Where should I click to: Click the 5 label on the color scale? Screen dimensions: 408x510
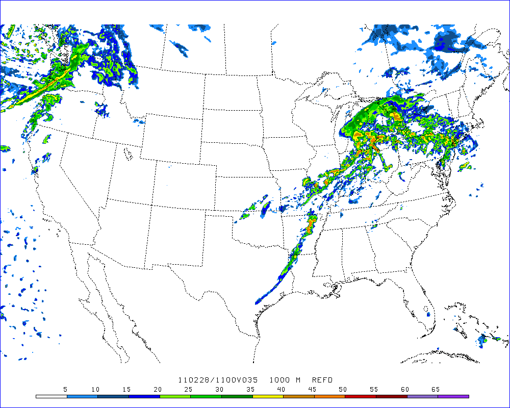(65, 389)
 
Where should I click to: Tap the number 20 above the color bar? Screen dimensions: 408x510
(158, 389)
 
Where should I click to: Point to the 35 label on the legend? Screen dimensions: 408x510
(250, 389)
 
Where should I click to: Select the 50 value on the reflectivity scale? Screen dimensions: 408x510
(343, 389)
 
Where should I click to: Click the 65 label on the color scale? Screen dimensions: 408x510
(435, 389)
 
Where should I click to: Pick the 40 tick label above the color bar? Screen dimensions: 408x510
(281, 389)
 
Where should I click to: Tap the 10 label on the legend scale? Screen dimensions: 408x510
(95, 389)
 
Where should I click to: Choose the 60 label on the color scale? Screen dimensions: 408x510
(404, 389)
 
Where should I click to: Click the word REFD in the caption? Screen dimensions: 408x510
(322, 380)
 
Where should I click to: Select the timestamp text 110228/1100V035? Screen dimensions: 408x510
(218, 380)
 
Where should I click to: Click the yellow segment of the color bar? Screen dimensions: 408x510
(268, 396)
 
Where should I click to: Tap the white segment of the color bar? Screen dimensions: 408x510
(52, 396)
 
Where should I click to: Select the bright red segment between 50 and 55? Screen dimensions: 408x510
(361, 396)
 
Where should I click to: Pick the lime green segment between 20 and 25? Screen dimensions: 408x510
(175, 396)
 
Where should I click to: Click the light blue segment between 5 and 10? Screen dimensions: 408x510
(82, 396)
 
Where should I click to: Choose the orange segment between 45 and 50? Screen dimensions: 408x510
(329, 396)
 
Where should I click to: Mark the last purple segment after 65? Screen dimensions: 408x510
(453, 396)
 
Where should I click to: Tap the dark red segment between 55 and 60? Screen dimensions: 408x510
(391, 396)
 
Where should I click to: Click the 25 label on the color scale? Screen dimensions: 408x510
(188, 389)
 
